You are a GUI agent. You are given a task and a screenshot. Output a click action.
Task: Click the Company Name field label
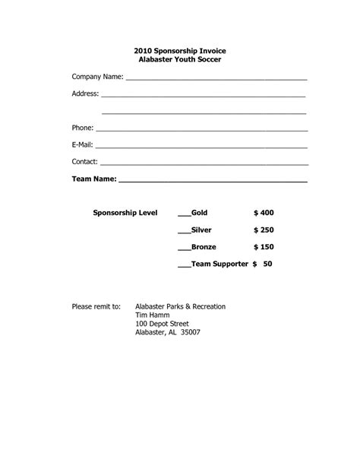[x=97, y=78]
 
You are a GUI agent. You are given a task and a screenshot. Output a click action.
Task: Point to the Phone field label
[x=82, y=128]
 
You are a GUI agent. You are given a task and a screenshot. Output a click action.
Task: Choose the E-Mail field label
[x=83, y=144]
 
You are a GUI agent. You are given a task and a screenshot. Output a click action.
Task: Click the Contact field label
[x=84, y=161]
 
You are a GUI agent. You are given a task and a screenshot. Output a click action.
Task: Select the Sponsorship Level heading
[x=125, y=213]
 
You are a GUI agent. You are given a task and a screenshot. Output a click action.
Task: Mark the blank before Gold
[x=184, y=214]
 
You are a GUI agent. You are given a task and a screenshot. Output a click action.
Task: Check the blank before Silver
[x=184, y=230]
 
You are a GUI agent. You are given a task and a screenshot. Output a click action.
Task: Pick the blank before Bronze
[x=184, y=248]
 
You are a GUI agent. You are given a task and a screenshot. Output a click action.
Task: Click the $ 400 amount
[x=264, y=213]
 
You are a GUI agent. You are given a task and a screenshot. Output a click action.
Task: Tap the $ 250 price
[x=264, y=230]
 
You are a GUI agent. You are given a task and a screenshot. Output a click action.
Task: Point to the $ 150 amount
[x=264, y=247]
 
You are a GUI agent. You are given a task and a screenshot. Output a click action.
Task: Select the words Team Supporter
[x=219, y=264]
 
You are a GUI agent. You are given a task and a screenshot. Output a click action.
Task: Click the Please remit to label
[x=96, y=306]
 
